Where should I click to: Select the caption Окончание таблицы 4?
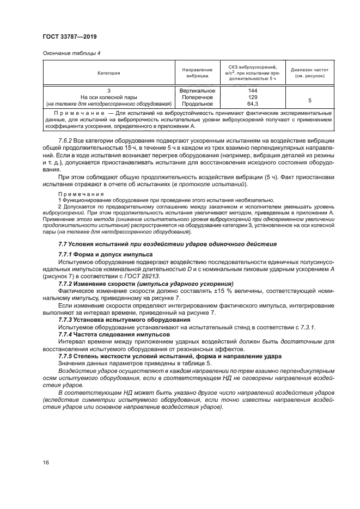click(x=71, y=53)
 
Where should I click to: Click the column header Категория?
click(x=108, y=72)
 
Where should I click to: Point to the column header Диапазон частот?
click(x=309, y=72)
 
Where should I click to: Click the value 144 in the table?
click(x=252, y=90)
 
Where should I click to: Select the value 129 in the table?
click(x=252, y=97)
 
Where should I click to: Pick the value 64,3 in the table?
click(x=252, y=103)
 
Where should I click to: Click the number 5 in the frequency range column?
click(x=309, y=101)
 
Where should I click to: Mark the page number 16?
click(x=46, y=462)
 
